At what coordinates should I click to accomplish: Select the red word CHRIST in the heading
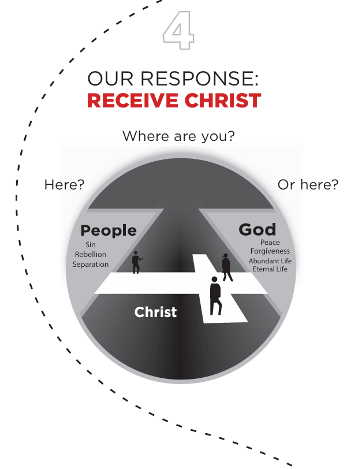[222, 100]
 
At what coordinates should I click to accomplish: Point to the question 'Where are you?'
[178, 136]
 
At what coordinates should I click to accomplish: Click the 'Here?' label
[64, 185]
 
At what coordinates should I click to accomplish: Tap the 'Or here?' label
[308, 185]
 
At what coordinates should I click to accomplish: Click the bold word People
[109, 230]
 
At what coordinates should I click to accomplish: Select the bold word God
[257, 229]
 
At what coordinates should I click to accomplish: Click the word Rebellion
[91, 255]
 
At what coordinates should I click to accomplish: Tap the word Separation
[91, 264]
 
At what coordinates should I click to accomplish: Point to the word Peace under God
[270, 243]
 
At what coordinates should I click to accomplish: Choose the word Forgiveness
[270, 251]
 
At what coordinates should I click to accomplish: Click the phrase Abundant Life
[270, 261]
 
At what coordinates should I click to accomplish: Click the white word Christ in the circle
[155, 312]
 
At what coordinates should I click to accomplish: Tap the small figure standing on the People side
[136, 262]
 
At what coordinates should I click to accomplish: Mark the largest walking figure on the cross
[215, 295]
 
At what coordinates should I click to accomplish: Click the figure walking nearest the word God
[226, 266]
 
